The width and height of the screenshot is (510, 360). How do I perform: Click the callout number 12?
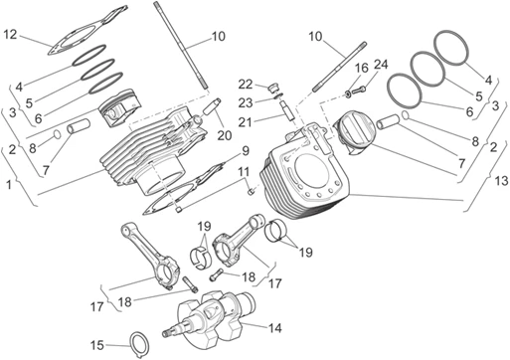click(10, 36)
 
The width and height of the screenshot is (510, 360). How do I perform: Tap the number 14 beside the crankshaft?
click(274, 327)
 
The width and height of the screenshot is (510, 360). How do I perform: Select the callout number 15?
click(97, 345)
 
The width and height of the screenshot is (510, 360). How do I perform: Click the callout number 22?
click(244, 84)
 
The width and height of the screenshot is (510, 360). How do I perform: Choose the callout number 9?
click(244, 152)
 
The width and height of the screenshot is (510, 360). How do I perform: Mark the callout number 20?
click(224, 133)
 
